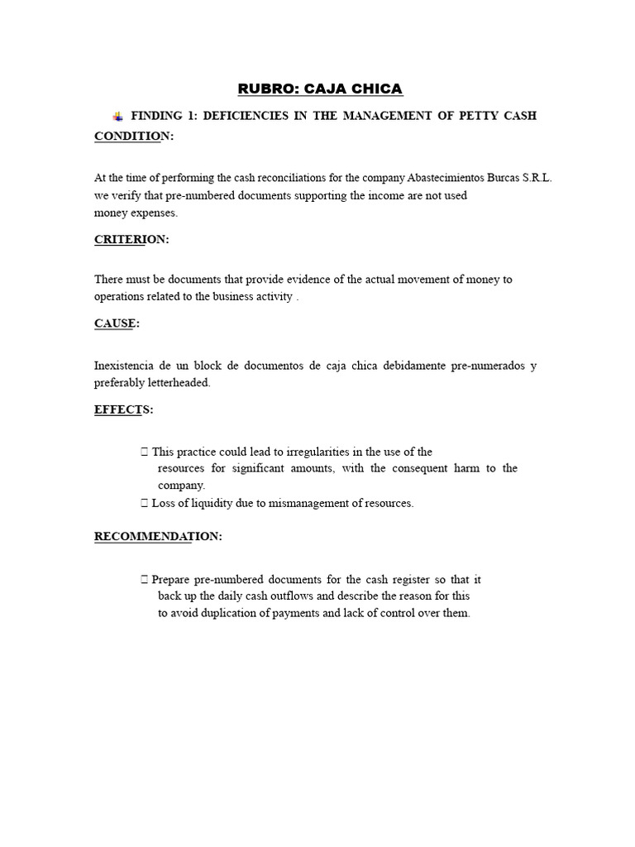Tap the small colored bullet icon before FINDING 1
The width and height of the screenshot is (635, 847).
pyautogui.click(x=118, y=116)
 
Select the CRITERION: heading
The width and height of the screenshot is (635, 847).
pyautogui.click(x=131, y=239)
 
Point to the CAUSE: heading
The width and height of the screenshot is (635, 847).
pyautogui.click(x=117, y=323)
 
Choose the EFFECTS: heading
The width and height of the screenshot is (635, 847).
pyautogui.click(x=123, y=409)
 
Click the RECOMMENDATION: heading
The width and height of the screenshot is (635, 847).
pyautogui.click(x=158, y=536)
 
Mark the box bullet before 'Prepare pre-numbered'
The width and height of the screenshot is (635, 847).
pyautogui.click(x=145, y=579)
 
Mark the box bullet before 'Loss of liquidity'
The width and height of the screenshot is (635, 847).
pyautogui.click(x=145, y=503)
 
